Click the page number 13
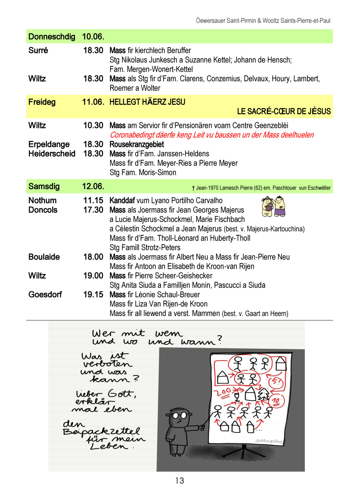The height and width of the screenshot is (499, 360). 180,481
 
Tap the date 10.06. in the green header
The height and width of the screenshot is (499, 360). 93,37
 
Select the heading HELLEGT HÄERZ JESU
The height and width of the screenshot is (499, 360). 147,102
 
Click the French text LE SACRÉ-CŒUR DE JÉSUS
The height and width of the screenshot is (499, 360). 284,111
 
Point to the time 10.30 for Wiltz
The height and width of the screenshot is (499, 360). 93,125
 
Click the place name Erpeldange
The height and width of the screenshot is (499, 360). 49,144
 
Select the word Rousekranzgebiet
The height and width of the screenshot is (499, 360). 137,144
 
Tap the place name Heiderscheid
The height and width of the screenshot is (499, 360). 52,153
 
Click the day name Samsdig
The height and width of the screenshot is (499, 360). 44,186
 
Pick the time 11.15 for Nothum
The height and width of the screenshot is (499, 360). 93,200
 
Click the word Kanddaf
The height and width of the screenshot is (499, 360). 122,200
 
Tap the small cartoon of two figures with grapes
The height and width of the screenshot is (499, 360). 273,206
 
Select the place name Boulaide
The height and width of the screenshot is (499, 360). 44,257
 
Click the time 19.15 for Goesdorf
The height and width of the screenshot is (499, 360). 93,294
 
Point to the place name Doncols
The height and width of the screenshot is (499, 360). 43,210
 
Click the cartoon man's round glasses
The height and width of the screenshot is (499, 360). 180,415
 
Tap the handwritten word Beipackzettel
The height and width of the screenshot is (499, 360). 101,431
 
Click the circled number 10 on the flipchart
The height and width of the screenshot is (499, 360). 276,400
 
